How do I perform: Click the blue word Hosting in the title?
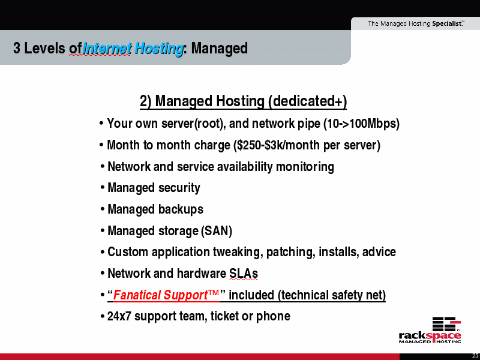pyautogui.click(x=159, y=49)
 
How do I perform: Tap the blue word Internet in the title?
pyautogui.click(x=107, y=49)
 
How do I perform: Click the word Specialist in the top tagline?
pyautogui.click(x=448, y=23)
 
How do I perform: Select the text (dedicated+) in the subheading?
pyautogui.click(x=307, y=101)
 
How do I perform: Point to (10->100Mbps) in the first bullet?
pyautogui.click(x=362, y=124)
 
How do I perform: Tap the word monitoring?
pyautogui.click(x=305, y=167)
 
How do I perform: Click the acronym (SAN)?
pyautogui.click(x=217, y=231)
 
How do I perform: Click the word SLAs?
pyautogui.click(x=244, y=274)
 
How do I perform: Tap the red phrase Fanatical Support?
pyautogui.click(x=160, y=295)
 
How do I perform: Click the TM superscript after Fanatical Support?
pyautogui.click(x=214, y=292)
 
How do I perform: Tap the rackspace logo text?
pyautogui.click(x=430, y=335)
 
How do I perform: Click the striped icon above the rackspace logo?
pyautogui.click(x=446, y=323)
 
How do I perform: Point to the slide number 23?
pyautogui.click(x=475, y=356)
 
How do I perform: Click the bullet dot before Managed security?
pyautogui.click(x=102, y=188)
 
